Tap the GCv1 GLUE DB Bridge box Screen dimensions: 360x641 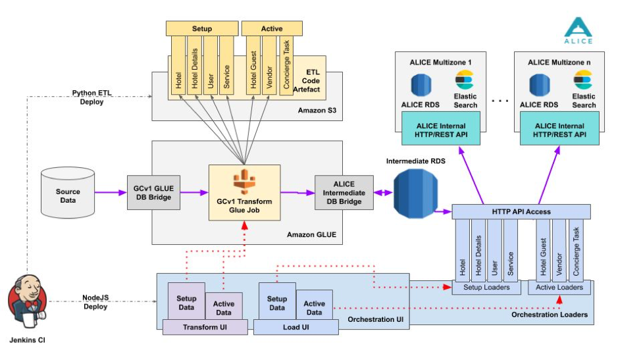point(153,193)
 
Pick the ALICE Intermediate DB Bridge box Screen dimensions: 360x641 point(344,193)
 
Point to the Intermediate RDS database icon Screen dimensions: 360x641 point(415,192)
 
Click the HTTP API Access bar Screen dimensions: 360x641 point(521,212)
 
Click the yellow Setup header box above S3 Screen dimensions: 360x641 point(201,29)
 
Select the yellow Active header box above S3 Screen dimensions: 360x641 point(271,29)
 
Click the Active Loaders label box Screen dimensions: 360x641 point(559,288)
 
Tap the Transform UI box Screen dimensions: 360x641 point(204,327)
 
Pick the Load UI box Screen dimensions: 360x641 point(295,327)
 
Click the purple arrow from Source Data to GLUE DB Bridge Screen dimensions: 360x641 point(110,193)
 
